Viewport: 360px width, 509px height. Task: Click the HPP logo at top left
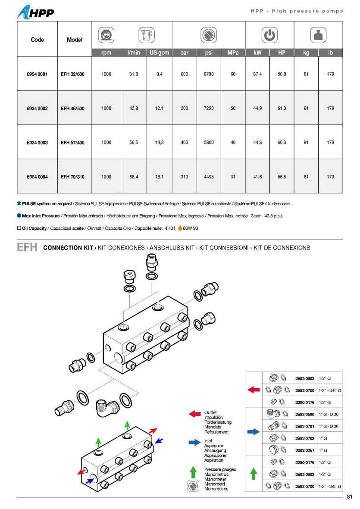point(36,12)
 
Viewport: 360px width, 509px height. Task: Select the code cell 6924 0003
point(37,143)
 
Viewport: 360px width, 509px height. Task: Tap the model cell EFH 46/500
point(72,108)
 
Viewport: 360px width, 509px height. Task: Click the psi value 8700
point(209,74)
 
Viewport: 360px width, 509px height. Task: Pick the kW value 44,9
point(257,108)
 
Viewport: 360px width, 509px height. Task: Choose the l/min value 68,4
point(134,177)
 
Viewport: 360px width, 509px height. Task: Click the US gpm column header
point(159,53)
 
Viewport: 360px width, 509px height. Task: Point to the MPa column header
point(233,53)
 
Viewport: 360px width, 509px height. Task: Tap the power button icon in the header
point(270,35)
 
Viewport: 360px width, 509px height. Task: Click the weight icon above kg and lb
point(318,35)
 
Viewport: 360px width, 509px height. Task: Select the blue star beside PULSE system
point(19,203)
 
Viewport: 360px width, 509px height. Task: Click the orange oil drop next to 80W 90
point(180,228)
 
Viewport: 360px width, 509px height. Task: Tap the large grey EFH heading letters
point(27,247)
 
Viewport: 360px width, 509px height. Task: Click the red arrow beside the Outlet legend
point(195,414)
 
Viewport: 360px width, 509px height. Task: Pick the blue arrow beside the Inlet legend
point(195,442)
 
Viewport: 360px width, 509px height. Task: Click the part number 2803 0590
point(305,414)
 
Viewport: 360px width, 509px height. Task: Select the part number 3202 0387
point(305,450)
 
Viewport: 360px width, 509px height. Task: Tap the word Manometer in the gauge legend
point(215,479)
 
